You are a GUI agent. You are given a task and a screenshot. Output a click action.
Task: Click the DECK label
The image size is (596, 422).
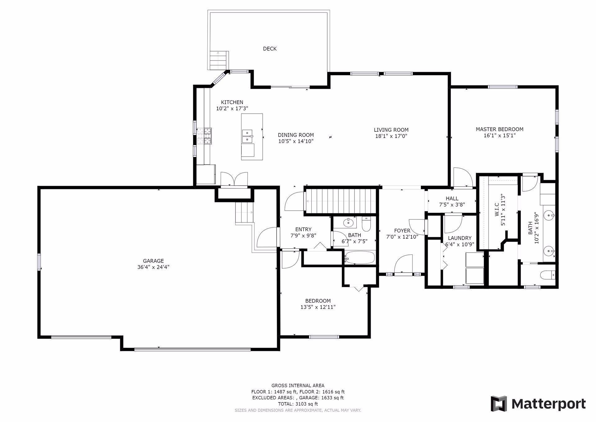point(269,48)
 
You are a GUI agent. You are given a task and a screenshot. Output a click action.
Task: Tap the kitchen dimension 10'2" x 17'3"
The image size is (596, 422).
point(232,108)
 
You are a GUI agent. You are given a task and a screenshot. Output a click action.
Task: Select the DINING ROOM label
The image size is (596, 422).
point(296,135)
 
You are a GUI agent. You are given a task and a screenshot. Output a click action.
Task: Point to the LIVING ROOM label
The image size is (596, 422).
point(391,130)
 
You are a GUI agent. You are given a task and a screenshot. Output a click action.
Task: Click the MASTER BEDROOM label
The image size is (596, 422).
point(499,129)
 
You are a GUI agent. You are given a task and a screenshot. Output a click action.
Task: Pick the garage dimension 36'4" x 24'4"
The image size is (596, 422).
point(153,267)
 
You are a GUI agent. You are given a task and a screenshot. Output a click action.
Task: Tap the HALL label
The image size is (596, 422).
point(452,198)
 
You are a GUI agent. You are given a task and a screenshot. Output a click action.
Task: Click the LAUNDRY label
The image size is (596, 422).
point(459,238)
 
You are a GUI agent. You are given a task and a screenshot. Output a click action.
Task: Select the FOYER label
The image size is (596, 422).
point(402,231)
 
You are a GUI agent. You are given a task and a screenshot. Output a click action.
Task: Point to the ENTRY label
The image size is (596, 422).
point(303,229)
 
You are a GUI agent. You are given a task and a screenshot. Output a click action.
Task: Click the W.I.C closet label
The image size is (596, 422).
point(496,210)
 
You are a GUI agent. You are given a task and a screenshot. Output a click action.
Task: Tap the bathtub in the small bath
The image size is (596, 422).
point(360,257)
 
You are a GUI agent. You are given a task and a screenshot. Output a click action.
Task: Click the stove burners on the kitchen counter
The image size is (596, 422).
point(204,136)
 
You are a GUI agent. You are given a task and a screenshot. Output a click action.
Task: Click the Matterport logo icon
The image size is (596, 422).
point(499,404)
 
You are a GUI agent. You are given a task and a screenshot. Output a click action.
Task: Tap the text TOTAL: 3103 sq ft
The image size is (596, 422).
point(298,404)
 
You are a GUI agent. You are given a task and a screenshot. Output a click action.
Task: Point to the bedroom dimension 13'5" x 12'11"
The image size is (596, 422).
point(318,307)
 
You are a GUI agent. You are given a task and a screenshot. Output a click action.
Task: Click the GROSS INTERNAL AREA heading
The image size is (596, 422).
point(298,386)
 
